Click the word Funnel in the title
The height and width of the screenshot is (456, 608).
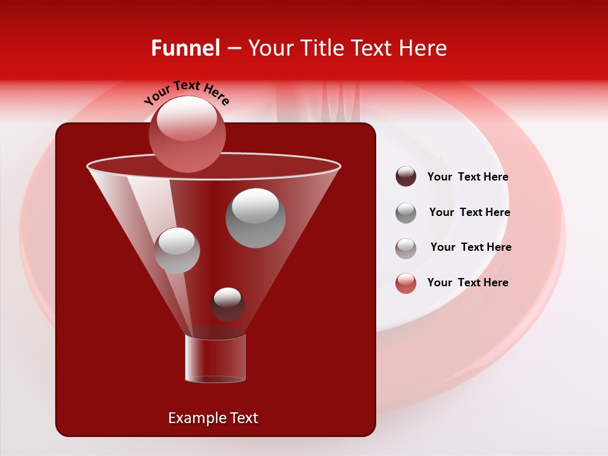pos(185,48)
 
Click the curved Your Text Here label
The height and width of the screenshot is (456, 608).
pos(187,92)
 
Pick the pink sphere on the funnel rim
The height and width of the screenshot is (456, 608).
pos(187,134)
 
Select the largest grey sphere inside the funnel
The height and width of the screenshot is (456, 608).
pos(256,218)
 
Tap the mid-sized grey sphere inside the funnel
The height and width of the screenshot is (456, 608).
pos(177,250)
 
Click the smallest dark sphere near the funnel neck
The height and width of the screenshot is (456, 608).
pos(227,304)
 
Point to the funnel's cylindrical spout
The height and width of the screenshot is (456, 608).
pos(215,358)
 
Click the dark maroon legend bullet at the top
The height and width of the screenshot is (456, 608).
pos(406,177)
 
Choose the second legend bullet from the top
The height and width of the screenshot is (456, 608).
pos(406,213)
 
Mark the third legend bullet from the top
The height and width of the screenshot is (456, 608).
pos(406,248)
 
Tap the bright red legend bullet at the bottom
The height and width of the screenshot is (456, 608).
pos(406,283)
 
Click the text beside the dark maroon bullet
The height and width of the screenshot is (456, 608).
pos(467,177)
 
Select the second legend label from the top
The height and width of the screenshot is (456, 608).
pos(469,212)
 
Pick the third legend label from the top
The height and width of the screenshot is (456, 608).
pos(471,247)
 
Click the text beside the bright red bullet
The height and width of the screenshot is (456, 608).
pos(467,282)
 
